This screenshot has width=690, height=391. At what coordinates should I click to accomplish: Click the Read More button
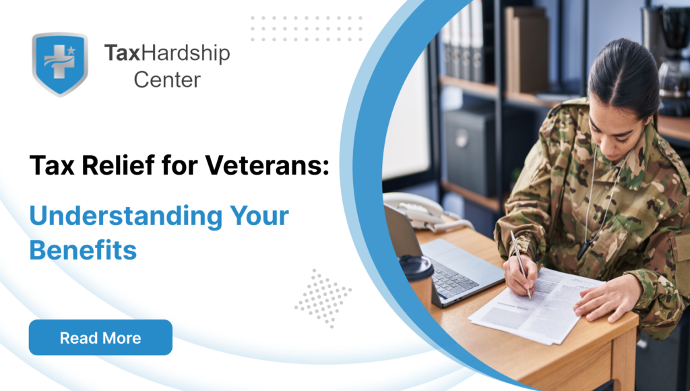(x=100, y=337)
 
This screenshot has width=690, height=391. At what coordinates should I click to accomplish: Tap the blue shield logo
(x=60, y=64)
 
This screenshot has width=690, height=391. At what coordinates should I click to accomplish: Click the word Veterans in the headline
(x=267, y=165)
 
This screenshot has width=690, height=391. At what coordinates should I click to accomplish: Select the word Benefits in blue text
(x=83, y=249)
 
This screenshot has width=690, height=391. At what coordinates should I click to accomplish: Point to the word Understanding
(x=126, y=216)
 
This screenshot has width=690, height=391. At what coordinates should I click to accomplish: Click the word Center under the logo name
(x=167, y=80)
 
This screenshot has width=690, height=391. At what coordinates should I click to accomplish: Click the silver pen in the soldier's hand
(x=521, y=264)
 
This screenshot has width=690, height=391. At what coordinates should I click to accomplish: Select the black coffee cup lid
(x=416, y=267)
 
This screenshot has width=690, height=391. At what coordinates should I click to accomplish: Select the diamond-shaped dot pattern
(x=323, y=299)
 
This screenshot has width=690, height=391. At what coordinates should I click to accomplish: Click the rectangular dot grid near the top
(x=307, y=28)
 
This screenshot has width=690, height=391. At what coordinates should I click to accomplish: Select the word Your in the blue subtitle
(x=259, y=216)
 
